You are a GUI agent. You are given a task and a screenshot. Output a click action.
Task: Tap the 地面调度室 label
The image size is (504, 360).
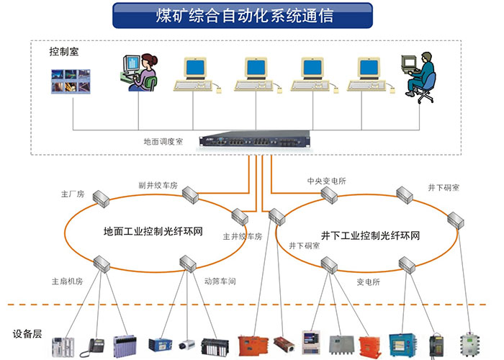point(163,142)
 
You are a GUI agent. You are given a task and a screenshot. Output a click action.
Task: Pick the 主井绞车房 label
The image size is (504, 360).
point(242,235)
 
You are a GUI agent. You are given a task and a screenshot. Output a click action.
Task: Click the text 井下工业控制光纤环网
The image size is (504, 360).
point(370,235)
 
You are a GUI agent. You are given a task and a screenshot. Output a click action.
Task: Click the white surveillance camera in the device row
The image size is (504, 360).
point(187,344)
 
